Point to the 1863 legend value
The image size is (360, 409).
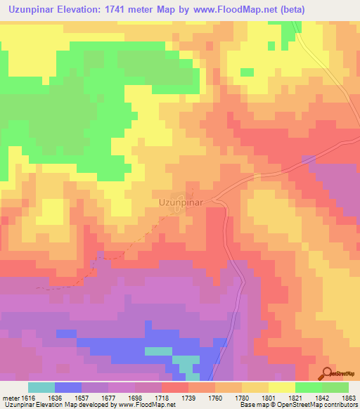point(349,397)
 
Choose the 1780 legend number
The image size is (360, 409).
point(242,397)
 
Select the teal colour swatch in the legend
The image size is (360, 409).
point(41,387)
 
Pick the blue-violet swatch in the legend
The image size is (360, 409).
point(68,387)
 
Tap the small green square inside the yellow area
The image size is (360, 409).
point(247,72)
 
